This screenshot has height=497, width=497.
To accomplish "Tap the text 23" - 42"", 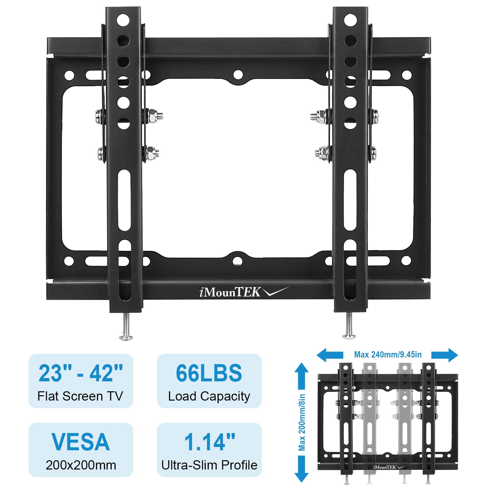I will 81,373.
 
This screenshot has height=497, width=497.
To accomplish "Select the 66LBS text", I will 209,373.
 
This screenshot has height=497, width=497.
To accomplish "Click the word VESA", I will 81,442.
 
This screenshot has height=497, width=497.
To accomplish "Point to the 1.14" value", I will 209,442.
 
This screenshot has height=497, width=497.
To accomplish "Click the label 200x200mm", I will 81,465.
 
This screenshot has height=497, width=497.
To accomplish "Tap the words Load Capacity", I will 209,396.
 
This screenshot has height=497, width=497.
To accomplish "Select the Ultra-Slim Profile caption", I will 209,465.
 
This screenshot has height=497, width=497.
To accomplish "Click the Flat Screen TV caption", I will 80,396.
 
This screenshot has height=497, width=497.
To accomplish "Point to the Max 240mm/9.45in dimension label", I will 388,355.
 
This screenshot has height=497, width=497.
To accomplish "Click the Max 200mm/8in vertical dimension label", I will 302,422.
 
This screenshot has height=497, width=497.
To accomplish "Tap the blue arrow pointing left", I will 329,355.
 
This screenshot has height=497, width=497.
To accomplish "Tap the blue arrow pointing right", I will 445,355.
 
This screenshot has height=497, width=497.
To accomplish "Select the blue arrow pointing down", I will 302,469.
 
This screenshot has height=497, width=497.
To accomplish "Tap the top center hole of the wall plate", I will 238,75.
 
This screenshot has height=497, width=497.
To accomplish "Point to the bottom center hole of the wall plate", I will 238,261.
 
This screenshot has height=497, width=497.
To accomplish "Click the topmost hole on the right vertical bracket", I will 350,20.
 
